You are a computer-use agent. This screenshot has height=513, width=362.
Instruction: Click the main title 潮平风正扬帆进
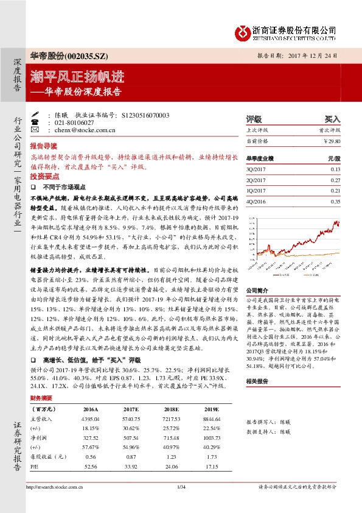(x=78, y=77)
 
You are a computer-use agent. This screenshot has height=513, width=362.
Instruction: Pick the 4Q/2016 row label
(x=256, y=200)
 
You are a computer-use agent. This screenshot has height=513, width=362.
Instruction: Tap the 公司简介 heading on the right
(x=256, y=291)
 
